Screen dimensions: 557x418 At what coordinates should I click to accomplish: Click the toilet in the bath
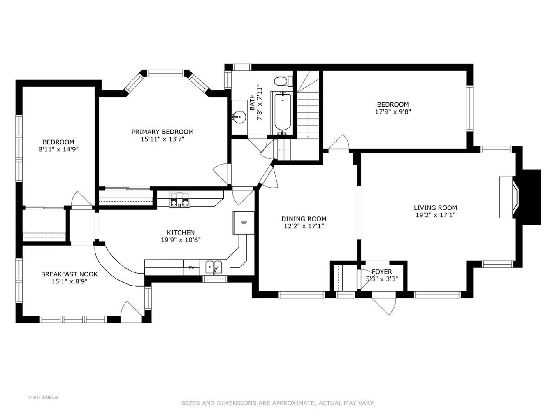coord(283,81)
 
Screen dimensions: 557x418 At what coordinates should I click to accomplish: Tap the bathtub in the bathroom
coord(282,113)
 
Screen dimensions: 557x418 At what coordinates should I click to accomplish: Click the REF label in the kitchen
coord(244,222)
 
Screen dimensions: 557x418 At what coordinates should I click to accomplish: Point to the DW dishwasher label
coord(191,267)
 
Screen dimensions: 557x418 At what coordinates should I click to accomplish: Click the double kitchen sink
coord(214,267)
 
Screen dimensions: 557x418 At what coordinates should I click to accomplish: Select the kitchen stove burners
coord(180,200)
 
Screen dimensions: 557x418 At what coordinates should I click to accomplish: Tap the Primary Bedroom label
coord(162,132)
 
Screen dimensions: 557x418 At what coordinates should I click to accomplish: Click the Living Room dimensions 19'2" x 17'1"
coord(435,215)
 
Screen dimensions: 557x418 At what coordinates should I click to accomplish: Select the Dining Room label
coord(304,218)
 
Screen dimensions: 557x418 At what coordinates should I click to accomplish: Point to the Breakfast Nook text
coord(69,274)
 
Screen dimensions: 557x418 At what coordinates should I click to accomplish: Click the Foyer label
coord(382,272)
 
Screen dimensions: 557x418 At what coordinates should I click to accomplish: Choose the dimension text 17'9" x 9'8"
coord(393,111)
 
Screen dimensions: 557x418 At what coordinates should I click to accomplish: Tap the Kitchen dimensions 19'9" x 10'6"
coord(181,240)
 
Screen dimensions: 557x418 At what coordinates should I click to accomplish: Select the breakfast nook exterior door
coord(131,312)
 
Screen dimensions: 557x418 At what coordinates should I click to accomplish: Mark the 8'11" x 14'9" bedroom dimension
coord(58,149)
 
